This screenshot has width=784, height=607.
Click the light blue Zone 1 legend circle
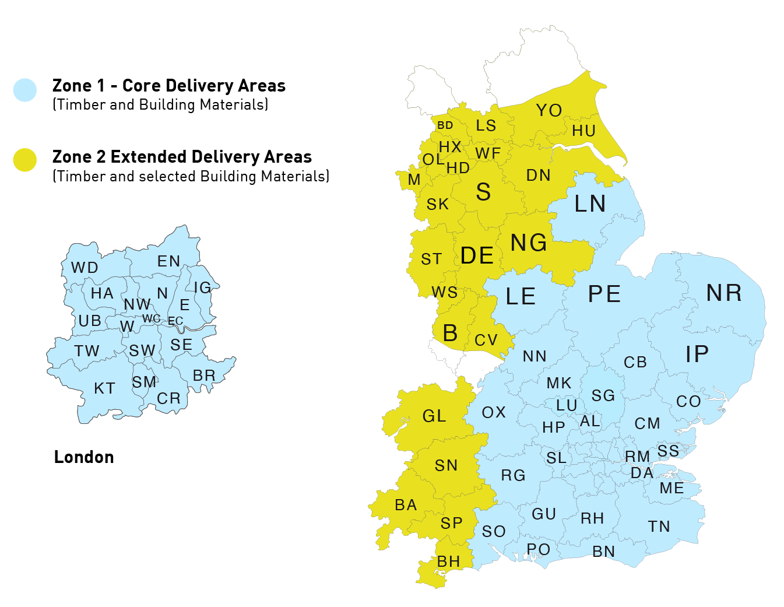pyautogui.click(x=25, y=90)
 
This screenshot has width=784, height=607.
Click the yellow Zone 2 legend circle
pyautogui.click(x=25, y=160)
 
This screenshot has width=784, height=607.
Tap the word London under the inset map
pyautogui.click(x=84, y=457)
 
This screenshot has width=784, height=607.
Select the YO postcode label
pyautogui.click(x=549, y=110)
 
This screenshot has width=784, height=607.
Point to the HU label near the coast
pyautogui.click(x=583, y=131)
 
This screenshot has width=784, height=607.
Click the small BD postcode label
pyautogui.click(x=445, y=125)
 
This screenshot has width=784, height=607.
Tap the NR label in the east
pyautogui.click(x=724, y=293)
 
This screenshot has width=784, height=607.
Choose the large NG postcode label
pyautogui.click(x=529, y=243)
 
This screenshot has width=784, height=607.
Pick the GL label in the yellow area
pyautogui.click(x=434, y=416)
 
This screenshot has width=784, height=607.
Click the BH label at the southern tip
pyautogui.click(x=449, y=562)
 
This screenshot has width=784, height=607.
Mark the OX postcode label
pyautogui.click(x=494, y=413)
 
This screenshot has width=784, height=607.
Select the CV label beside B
pyautogui.click(x=486, y=340)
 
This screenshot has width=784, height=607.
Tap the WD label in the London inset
pyautogui.click(x=85, y=268)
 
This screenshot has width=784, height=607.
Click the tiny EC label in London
pyautogui.click(x=175, y=321)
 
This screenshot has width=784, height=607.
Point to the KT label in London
pyautogui.click(x=105, y=388)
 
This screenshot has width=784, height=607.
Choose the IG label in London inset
pyautogui.click(x=202, y=287)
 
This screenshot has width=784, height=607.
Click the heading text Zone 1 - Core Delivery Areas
pyautogui.click(x=169, y=86)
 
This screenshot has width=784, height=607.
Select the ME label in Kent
pyautogui.click(x=672, y=488)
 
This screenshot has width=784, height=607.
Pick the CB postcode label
pyautogui.click(x=635, y=362)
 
